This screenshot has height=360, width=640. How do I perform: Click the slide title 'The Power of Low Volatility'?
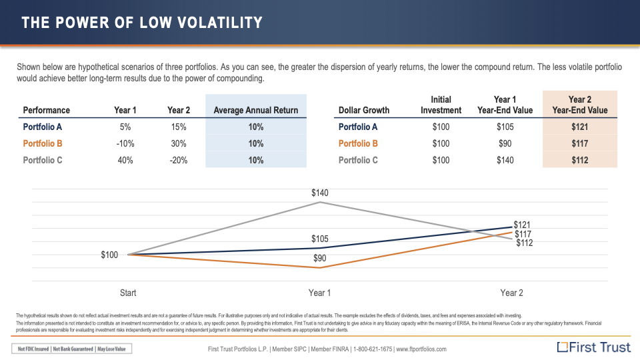point(142,23)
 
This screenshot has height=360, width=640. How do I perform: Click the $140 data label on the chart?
point(320,193)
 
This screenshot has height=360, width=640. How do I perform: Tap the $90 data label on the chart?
point(320,258)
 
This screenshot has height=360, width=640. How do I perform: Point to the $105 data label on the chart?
point(320,239)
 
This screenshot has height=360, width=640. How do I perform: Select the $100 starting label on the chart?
point(109,255)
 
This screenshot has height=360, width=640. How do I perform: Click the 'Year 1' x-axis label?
point(320,293)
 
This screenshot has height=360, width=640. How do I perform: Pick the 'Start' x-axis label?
point(128,293)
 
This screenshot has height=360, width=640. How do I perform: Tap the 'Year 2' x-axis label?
point(511,293)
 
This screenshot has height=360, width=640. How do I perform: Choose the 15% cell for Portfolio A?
point(177,127)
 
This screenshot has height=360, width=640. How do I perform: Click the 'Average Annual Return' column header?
point(256,110)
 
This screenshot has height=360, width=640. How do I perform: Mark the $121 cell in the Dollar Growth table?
point(579,127)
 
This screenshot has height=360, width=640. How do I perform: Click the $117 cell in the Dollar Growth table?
point(579,143)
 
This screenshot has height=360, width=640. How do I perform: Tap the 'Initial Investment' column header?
point(441,105)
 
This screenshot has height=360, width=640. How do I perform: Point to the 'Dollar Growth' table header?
point(364,110)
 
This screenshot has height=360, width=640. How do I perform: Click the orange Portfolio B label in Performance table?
point(43,143)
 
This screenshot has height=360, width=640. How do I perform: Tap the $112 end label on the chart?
point(525,243)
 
